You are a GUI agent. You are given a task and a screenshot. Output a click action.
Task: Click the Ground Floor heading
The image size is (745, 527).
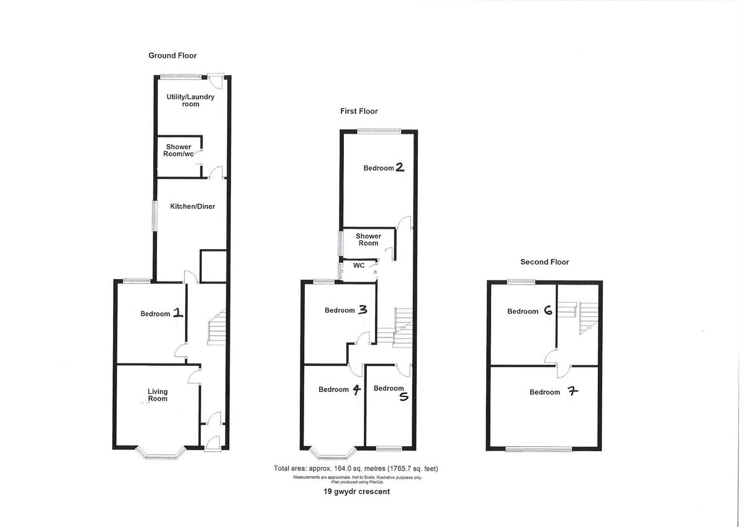173,55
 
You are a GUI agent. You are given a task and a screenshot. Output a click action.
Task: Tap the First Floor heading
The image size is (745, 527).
359,111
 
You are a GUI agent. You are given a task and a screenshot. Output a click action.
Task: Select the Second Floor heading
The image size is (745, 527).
544,262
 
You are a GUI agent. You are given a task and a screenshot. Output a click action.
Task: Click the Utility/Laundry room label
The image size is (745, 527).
190,100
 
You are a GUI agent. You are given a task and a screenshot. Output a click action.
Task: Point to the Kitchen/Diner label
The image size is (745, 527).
192,206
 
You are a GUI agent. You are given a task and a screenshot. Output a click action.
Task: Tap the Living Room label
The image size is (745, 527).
158,395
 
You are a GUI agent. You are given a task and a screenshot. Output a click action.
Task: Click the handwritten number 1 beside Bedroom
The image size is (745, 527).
178,313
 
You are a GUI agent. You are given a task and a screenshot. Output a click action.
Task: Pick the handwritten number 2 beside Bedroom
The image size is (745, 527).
399,167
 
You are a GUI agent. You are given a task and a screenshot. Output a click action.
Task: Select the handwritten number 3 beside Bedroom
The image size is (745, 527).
363,310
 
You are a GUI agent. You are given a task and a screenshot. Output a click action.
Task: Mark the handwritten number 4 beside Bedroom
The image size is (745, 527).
356,390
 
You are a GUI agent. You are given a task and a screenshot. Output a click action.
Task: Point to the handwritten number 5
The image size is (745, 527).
404,396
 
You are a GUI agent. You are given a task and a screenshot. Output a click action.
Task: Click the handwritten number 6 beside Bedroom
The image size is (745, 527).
548,311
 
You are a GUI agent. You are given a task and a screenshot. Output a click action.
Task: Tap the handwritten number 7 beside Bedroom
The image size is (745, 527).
573,391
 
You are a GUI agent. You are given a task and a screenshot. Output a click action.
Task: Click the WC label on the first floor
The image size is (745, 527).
359,265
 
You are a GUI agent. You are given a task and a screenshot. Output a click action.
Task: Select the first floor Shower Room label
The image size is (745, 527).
368,240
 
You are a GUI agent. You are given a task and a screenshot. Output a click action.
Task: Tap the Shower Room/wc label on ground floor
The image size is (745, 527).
178,150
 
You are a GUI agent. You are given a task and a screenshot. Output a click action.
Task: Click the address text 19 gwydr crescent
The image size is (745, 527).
356,492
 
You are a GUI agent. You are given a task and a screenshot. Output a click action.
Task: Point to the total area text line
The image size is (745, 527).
356,469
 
